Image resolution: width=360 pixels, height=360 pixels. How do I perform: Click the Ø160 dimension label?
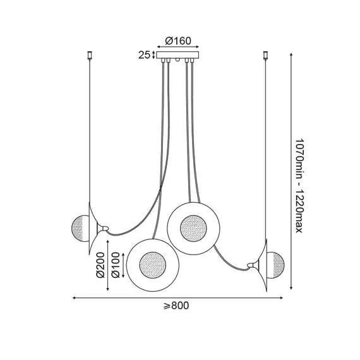pos(178,41)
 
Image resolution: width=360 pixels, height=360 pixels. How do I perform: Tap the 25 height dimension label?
pos(144,55)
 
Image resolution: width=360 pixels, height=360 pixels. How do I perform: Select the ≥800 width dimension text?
pos(176,306)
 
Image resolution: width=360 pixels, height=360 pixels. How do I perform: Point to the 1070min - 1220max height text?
pos(299,186)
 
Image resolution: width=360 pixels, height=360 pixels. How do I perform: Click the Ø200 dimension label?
pos(100,265)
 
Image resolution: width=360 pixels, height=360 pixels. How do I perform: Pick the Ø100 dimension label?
pos(116,265)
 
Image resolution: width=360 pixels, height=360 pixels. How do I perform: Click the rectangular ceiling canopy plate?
pos(177,55)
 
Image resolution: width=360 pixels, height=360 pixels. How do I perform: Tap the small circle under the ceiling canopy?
pos(177,60)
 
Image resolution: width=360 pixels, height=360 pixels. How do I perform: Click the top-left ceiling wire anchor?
pos(90,56)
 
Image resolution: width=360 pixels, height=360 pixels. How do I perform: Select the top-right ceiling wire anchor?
pos(266,56)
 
